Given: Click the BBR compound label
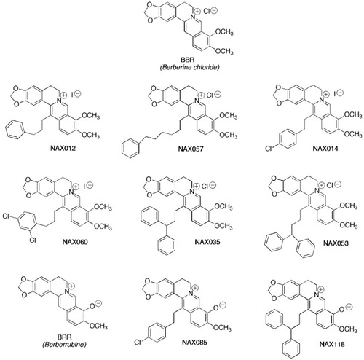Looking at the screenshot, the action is [x=188, y=60].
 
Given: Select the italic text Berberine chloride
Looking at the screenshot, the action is [x=189, y=67].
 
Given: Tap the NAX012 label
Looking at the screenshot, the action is [x=63, y=148].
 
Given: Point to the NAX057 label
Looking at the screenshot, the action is [x=191, y=149].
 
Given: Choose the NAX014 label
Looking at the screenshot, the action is [x=325, y=148].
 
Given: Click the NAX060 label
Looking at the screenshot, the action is [x=75, y=242].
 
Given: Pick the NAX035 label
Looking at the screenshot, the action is [x=207, y=242].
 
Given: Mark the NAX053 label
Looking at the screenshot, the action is [x=336, y=243].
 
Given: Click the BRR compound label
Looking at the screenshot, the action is [x=64, y=337].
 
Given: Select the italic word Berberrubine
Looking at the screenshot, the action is [x=64, y=345].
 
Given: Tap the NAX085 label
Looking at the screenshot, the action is [x=194, y=343].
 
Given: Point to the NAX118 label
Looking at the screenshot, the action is [x=332, y=344].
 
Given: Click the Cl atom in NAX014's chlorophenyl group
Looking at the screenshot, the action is [x=268, y=149].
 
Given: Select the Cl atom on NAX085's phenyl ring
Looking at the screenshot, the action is [x=138, y=343].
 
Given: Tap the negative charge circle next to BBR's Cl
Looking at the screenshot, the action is [x=214, y=11].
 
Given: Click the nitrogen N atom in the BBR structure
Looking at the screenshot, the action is [x=192, y=17].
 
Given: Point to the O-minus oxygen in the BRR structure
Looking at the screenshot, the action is [x=92, y=306].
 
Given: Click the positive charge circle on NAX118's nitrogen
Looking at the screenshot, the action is [x=321, y=289].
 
